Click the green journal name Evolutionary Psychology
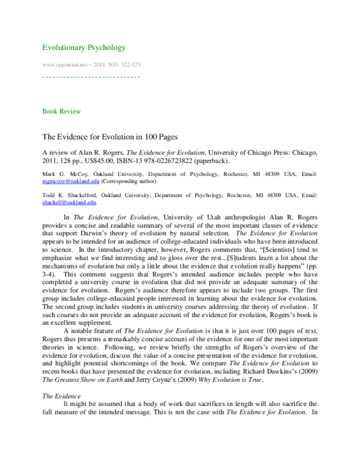[x=83, y=47]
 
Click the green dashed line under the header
[x=91, y=77]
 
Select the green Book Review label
[x=61, y=112]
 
